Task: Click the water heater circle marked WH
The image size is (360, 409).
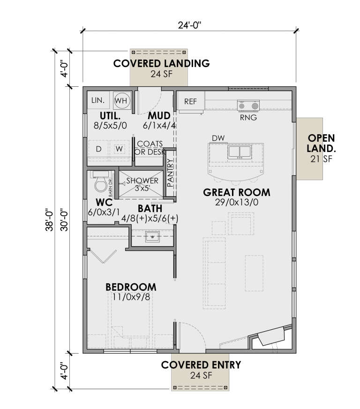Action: (122, 100)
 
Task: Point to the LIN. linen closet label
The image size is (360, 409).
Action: (97, 100)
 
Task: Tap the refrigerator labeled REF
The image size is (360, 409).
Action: (190, 101)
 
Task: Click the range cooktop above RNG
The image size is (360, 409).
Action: (248, 106)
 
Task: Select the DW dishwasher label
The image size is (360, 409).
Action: (217, 138)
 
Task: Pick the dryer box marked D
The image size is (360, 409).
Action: (99, 149)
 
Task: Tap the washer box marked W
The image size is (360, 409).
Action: (119, 149)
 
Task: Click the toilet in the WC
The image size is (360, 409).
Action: (100, 184)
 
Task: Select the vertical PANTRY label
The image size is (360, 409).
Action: (170, 173)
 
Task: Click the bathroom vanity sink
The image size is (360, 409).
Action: (152, 236)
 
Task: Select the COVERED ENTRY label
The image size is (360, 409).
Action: (201, 365)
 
